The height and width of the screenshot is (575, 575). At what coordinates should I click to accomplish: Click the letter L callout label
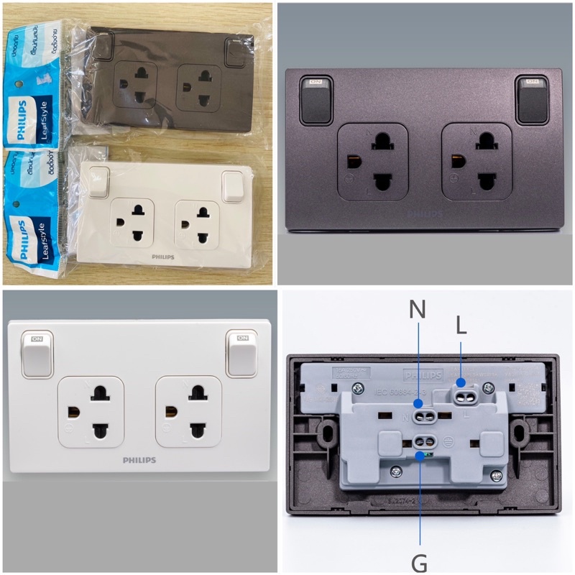461,326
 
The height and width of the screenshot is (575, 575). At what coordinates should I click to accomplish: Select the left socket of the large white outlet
91,412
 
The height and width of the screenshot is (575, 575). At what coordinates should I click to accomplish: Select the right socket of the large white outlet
188,412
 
